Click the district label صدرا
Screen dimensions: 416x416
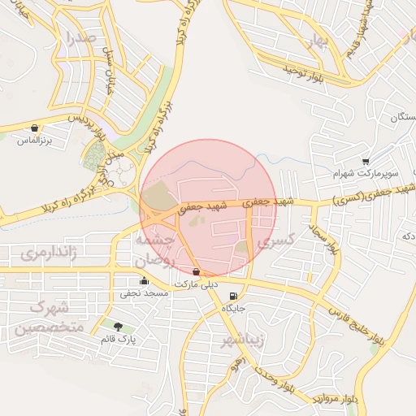84,37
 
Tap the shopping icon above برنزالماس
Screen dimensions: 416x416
34,128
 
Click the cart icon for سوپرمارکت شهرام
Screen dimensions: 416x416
366,162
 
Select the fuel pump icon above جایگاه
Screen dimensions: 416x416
234,296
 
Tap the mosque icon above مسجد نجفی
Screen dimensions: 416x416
144,281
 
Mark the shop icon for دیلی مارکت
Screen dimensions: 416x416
197,272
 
